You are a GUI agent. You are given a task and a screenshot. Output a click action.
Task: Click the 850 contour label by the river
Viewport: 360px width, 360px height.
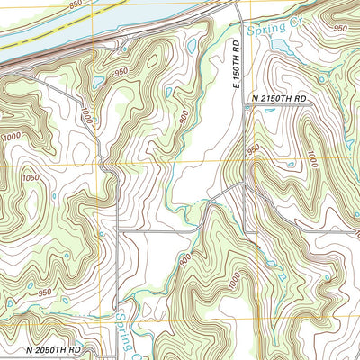75,4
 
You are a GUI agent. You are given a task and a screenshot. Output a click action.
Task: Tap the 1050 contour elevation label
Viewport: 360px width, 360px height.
30,178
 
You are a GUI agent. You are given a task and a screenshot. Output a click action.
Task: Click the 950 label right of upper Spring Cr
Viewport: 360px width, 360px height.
339,29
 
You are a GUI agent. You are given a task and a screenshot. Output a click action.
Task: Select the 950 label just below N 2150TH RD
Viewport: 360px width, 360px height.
253,148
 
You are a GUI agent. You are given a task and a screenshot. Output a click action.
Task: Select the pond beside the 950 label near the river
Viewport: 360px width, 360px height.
99,83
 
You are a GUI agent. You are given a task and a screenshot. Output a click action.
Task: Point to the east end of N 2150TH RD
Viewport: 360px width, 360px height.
311,103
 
